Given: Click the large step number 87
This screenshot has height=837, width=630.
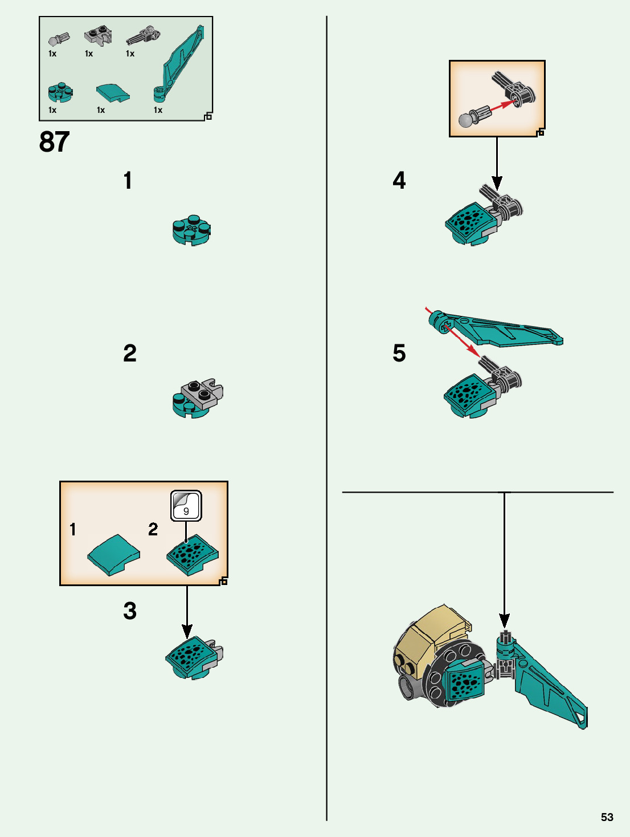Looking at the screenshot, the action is (54, 142).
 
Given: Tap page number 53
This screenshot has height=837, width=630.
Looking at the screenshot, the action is (607, 817).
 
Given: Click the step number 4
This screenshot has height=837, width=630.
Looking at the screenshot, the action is (399, 181).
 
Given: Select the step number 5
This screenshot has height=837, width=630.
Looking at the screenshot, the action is (399, 354).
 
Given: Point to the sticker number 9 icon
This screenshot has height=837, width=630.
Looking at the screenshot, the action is (186, 506).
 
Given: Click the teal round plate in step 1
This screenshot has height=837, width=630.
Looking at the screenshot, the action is (191, 231).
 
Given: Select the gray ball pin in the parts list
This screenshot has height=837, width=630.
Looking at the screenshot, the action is (58, 40).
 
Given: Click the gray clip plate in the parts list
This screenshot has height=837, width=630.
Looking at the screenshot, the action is (98, 36).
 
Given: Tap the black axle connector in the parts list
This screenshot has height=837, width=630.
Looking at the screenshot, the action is (143, 35).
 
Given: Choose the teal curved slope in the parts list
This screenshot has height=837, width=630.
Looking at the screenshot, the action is (113, 93).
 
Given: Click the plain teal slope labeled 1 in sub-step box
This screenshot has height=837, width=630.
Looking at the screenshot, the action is (113, 554).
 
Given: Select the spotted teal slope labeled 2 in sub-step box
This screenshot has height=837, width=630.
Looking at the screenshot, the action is (192, 554).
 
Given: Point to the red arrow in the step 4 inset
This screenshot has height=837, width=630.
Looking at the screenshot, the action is (502, 107).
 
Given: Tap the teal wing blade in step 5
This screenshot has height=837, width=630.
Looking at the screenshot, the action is (501, 331).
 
